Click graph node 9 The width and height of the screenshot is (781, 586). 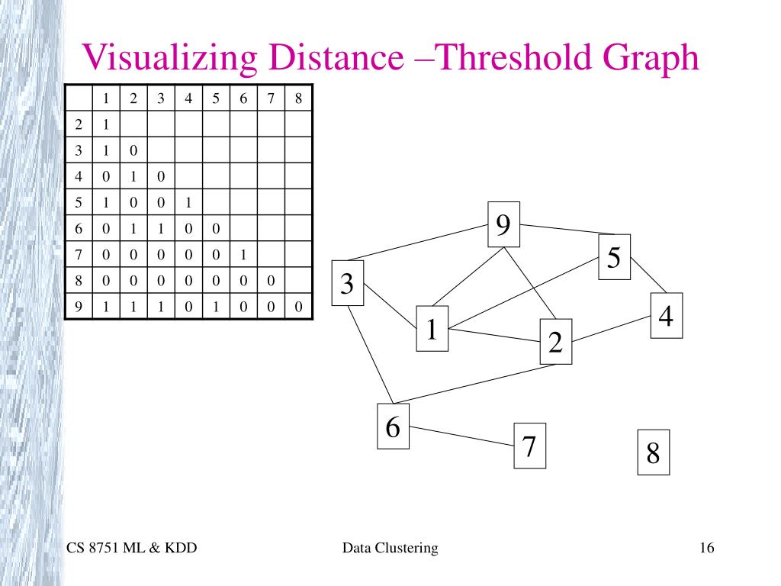coord(504,225)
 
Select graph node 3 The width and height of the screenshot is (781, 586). coord(348,284)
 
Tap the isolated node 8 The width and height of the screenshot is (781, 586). coord(653,452)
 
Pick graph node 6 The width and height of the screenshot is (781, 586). coord(394,427)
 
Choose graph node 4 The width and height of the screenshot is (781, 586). coord(667,315)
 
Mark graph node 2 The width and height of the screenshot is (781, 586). coord(555,343)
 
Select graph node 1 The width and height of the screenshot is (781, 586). coord(432,330)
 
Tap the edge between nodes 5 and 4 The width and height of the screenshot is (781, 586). coord(649,275)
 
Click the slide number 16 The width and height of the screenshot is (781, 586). coord(705,548)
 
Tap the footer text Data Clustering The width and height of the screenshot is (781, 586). coord(390,548)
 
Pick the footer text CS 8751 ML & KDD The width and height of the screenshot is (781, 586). coord(132,548)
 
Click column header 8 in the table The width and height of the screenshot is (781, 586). coord(298,98)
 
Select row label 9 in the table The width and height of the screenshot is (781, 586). coord(78,307)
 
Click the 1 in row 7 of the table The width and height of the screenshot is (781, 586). coord(243,255)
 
